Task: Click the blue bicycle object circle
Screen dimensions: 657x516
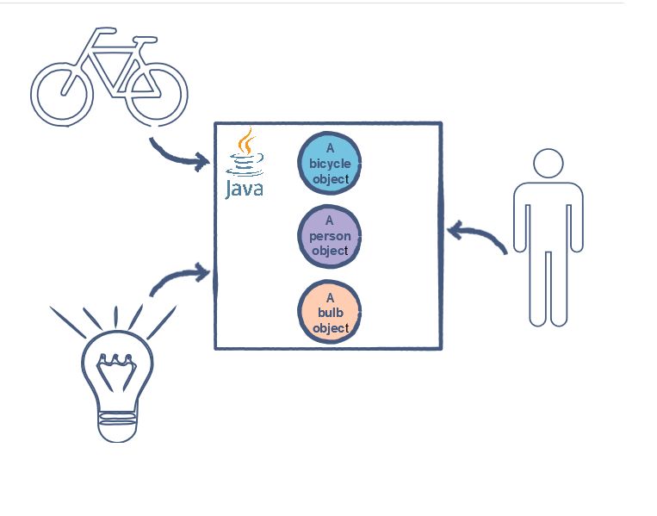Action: (x=329, y=163)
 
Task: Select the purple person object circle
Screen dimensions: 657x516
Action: (x=329, y=236)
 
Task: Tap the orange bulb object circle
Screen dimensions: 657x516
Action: (x=329, y=313)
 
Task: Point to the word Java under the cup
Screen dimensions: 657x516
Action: (x=245, y=188)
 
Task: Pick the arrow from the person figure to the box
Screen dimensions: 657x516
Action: (x=475, y=233)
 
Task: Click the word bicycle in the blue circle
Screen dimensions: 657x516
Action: (x=330, y=164)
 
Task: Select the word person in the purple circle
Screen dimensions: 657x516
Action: (x=330, y=236)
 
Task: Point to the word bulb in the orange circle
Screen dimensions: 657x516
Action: (x=330, y=313)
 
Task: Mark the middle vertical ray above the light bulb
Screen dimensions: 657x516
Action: (x=115, y=317)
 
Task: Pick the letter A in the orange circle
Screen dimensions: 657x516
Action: (x=330, y=298)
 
